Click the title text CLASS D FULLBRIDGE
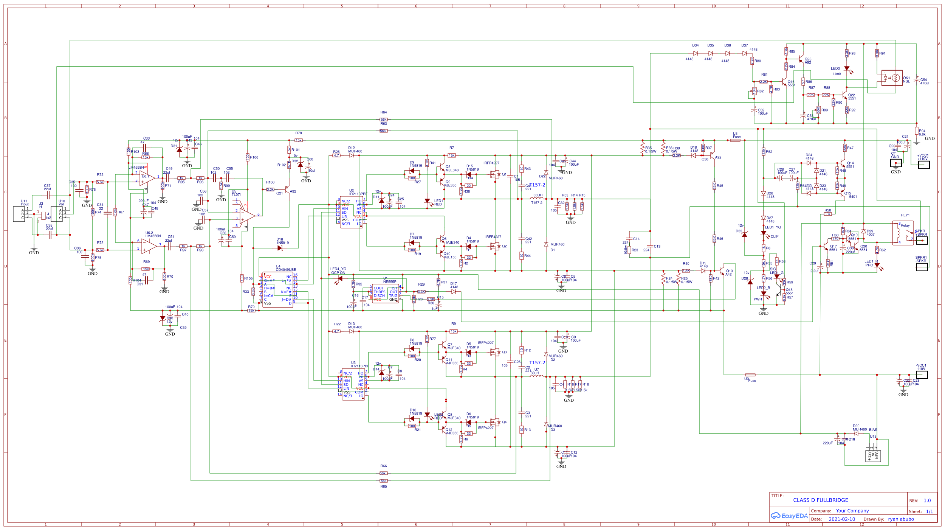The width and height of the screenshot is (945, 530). click(x=820, y=500)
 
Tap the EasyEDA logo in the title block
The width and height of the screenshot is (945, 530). click(x=789, y=516)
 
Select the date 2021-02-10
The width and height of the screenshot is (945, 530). click(x=841, y=519)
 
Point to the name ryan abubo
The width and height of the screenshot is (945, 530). click(x=901, y=519)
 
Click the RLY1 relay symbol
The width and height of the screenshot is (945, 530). click(x=903, y=233)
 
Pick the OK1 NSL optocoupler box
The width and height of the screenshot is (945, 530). click(x=892, y=78)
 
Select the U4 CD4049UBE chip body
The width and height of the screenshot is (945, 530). click(x=277, y=290)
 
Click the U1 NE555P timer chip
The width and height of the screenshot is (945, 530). click(x=385, y=294)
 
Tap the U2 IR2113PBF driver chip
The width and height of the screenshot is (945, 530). click(x=352, y=212)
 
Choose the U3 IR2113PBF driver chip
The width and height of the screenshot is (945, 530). click(x=353, y=384)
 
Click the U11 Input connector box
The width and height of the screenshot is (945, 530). click(x=19, y=214)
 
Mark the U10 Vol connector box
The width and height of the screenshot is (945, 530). click(x=57, y=214)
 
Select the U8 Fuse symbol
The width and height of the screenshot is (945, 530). click(x=735, y=140)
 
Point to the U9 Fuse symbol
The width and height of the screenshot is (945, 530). click(x=750, y=375)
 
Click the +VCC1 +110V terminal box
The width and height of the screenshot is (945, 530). click(x=924, y=165)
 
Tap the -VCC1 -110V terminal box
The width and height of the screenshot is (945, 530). click(x=922, y=375)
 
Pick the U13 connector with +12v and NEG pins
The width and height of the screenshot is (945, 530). click(x=873, y=456)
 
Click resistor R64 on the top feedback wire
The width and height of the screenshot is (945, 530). click(x=383, y=120)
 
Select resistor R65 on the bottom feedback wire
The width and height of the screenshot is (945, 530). click(x=383, y=481)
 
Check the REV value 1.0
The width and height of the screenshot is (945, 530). click(x=927, y=500)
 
